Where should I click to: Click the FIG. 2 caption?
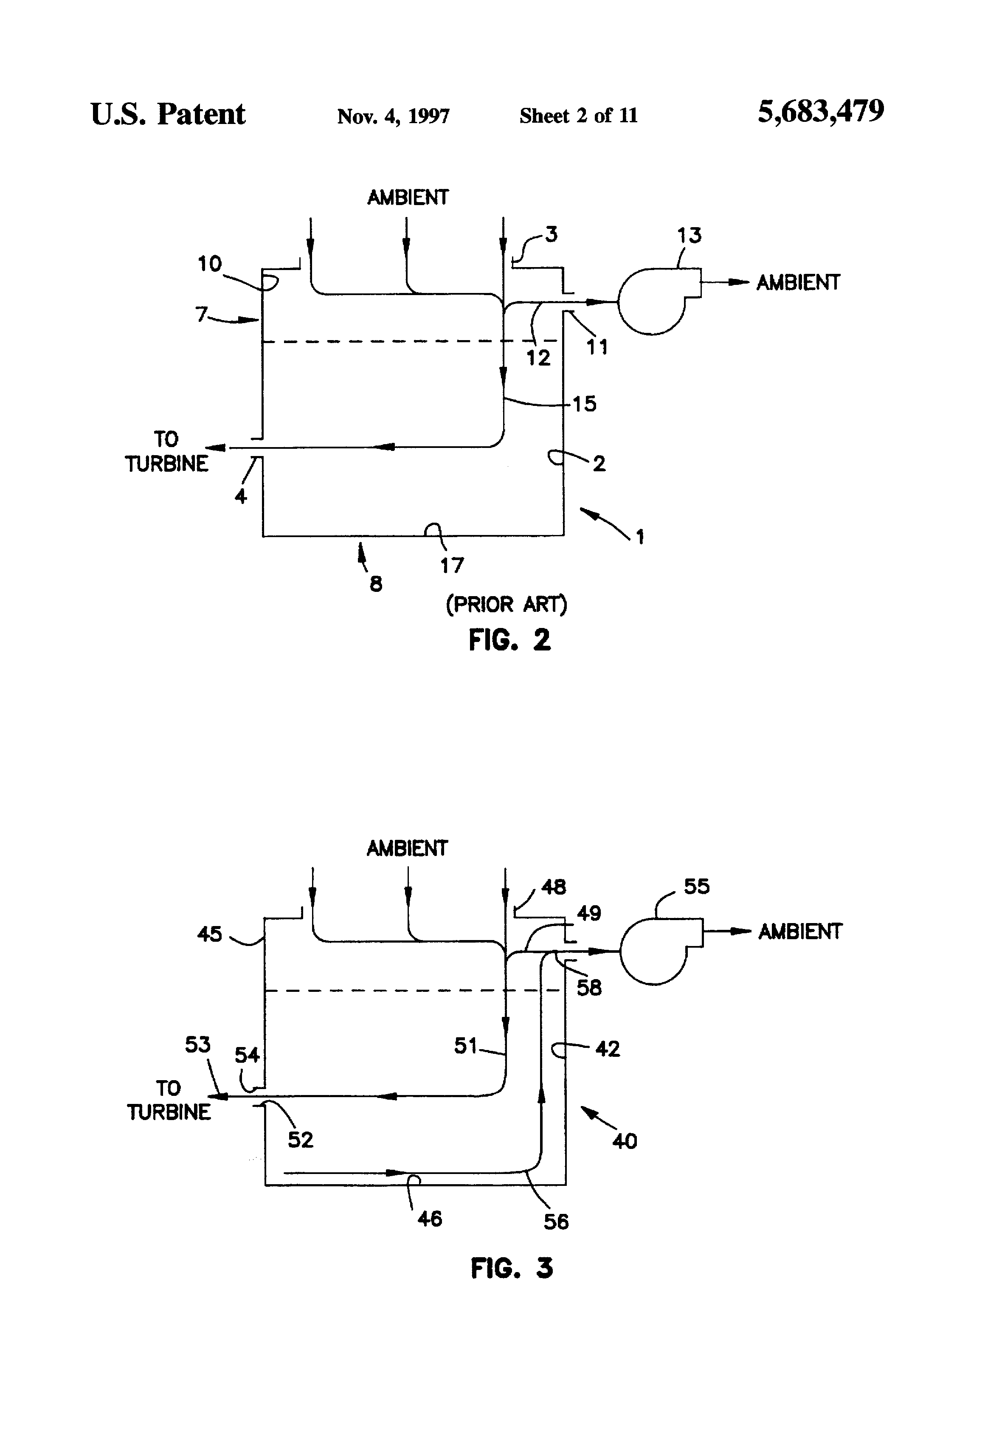coord(509,640)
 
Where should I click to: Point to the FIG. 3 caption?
coord(511,1268)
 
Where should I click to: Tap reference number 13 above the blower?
coord(689,235)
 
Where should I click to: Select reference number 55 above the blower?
coord(697,886)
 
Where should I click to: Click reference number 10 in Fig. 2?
coord(209,264)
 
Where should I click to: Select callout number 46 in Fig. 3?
coord(430,1219)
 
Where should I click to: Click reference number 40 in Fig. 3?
coord(625,1141)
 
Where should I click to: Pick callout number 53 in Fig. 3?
coord(198,1044)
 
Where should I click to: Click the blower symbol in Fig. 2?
coord(659,301)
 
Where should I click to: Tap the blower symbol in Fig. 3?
coord(661,951)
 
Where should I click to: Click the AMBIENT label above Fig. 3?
coord(407,848)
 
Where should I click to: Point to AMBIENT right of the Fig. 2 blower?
coord(798,283)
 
